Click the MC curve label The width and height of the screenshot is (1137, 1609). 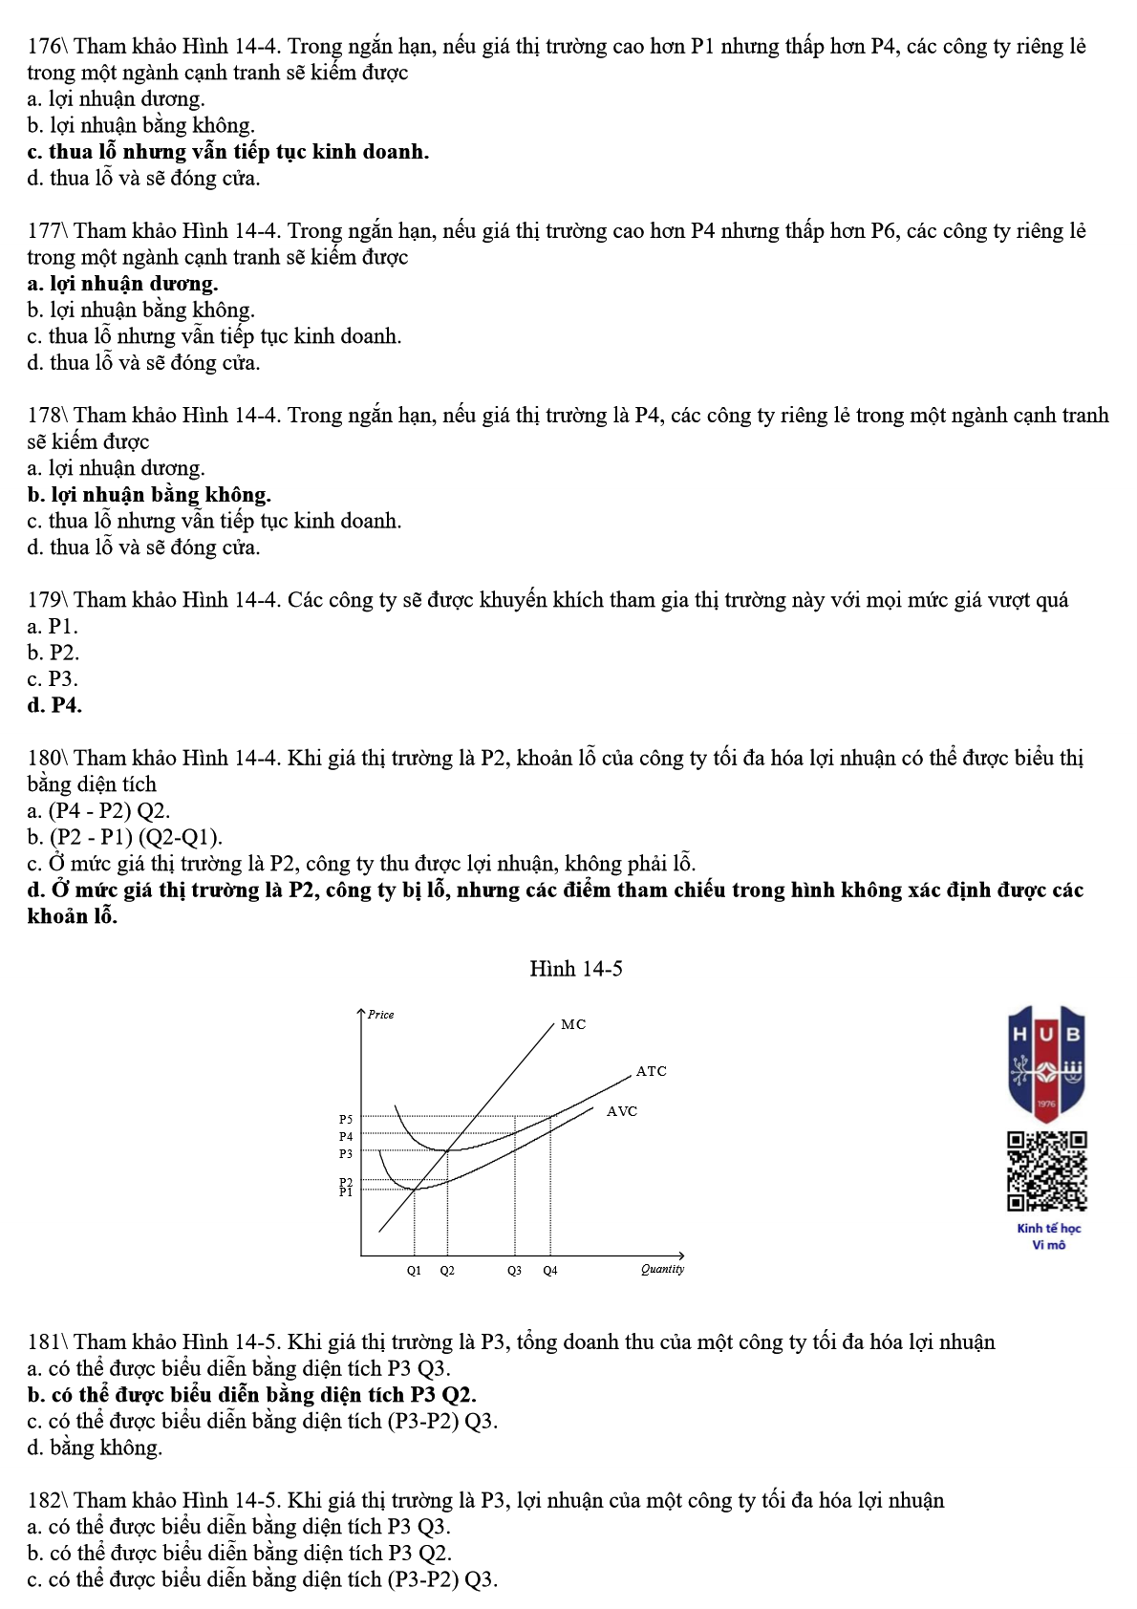click(x=573, y=1024)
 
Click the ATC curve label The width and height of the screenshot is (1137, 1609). click(x=652, y=1071)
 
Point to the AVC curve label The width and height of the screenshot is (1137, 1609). click(x=622, y=1111)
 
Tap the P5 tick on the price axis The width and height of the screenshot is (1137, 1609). click(x=346, y=1119)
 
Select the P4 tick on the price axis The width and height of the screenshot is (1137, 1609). click(x=346, y=1136)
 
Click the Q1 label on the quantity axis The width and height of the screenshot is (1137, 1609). click(x=414, y=1271)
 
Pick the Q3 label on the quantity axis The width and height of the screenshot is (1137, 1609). click(x=514, y=1271)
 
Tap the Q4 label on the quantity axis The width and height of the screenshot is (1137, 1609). click(x=550, y=1271)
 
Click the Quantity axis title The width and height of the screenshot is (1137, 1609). click(x=662, y=1269)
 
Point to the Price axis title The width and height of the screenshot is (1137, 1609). click(x=381, y=1015)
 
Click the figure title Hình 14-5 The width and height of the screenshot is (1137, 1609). click(x=576, y=969)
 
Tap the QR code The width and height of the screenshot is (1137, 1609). click(x=1047, y=1170)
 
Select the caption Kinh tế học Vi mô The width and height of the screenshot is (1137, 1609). click(x=1048, y=1236)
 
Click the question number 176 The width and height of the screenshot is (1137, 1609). click(x=45, y=46)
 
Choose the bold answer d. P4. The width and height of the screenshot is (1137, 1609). click(x=55, y=705)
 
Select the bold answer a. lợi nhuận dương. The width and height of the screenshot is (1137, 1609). click(x=123, y=284)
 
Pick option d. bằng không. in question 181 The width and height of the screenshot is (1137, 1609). click(x=96, y=1448)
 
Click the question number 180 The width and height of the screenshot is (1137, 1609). click(x=45, y=758)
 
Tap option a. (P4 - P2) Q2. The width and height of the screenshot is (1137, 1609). click(x=99, y=811)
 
